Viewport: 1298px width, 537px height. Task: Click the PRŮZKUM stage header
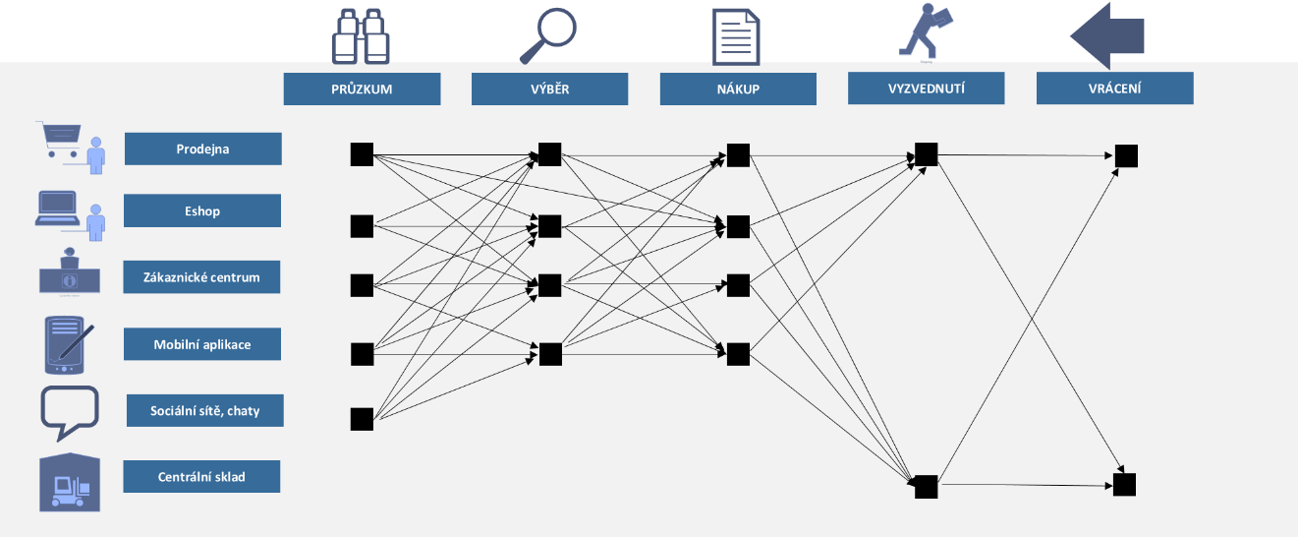(362, 89)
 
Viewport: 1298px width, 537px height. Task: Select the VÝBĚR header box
(549, 89)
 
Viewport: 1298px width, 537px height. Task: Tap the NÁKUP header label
(738, 89)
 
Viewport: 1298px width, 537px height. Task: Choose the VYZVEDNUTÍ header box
(926, 88)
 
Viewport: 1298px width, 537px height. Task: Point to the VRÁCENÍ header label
(1114, 88)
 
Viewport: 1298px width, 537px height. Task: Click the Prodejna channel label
(203, 149)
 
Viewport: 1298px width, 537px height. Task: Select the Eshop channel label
(202, 210)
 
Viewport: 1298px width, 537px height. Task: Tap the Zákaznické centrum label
(202, 277)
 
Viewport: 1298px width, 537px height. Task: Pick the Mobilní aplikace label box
(202, 344)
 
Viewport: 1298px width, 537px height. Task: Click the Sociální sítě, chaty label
(205, 410)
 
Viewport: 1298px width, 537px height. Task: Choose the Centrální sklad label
(201, 477)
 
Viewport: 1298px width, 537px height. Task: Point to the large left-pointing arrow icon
(1107, 36)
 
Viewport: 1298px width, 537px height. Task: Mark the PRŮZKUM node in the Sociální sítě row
(362, 419)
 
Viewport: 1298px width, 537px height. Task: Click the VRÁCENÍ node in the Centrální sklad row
(1124, 484)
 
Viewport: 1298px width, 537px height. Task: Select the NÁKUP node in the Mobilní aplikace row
(738, 353)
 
